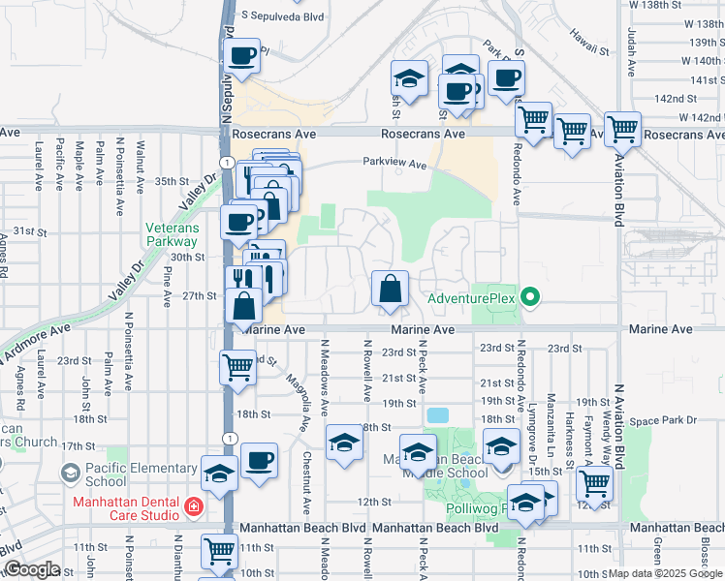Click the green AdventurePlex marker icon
(530, 297)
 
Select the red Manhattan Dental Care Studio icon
(193, 505)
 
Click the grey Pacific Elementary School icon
(70, 472)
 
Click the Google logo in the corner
(31, 569)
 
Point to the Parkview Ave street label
(394, 165)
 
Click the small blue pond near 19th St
(437, 415)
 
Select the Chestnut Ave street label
(305, 481)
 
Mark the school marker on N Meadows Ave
(343, 443)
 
